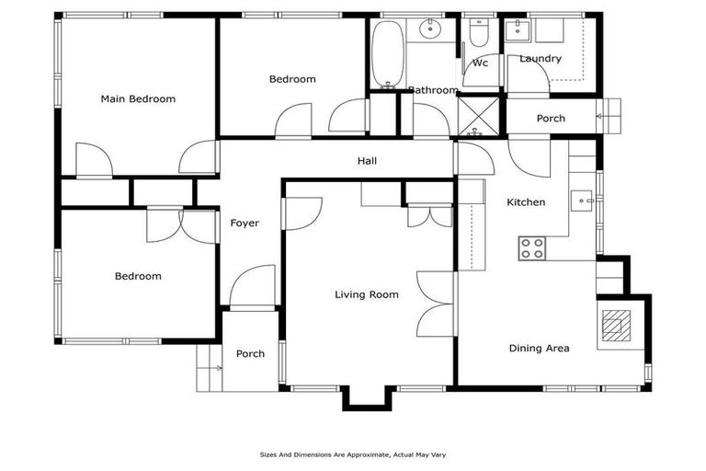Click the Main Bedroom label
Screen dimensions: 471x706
pos(138,99)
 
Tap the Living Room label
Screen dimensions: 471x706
pos(366,295)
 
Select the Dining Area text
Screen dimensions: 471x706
pos(539,349)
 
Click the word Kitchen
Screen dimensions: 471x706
pos(526,202)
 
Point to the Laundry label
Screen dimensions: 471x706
pos(540,59)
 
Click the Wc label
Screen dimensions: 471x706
pos(480,63)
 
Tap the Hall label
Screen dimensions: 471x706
pos(367,162)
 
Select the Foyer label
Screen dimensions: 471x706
pos(245,224)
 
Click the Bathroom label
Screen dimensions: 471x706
pos(433,90)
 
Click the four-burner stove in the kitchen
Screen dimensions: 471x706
pos(531,247)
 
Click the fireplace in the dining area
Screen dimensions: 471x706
pos(615,326)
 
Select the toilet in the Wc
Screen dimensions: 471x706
pos(478,34)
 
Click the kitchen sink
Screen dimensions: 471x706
pos(583,199)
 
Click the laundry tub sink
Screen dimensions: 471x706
pos(518,29)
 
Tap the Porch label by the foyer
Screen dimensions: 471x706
pos(250,354)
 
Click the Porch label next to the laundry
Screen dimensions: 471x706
pos(551,119)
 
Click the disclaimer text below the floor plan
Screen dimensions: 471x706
pos(353,454)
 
